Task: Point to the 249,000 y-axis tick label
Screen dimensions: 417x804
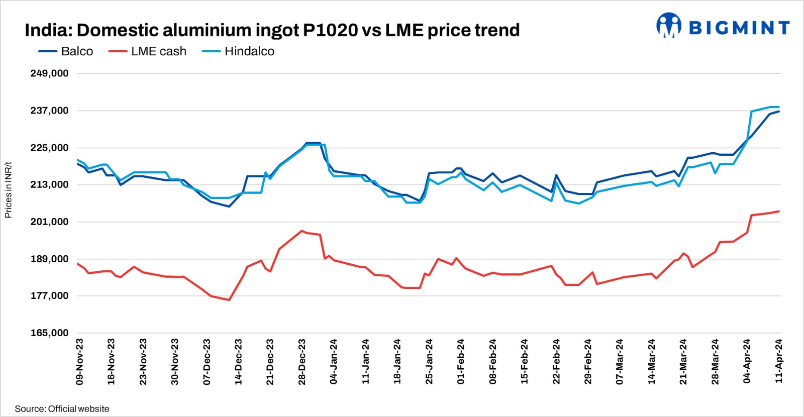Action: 49,73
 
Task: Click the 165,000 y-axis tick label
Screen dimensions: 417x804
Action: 49,333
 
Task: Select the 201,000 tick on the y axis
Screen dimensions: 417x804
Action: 49,222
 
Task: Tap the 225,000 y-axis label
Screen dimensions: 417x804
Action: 49,148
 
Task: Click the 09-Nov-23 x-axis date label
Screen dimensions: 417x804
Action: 80,362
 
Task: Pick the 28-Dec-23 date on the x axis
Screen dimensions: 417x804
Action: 302,362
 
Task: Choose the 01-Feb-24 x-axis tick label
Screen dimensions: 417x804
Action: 461,362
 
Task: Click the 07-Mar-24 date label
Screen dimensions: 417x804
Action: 620,362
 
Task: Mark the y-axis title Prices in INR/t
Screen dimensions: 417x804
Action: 8,190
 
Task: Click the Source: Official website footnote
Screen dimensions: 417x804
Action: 62,409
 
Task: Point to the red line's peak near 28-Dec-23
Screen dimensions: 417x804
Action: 301,231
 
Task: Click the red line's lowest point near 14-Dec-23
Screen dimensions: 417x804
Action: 229,300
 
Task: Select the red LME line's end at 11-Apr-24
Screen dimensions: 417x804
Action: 779,211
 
